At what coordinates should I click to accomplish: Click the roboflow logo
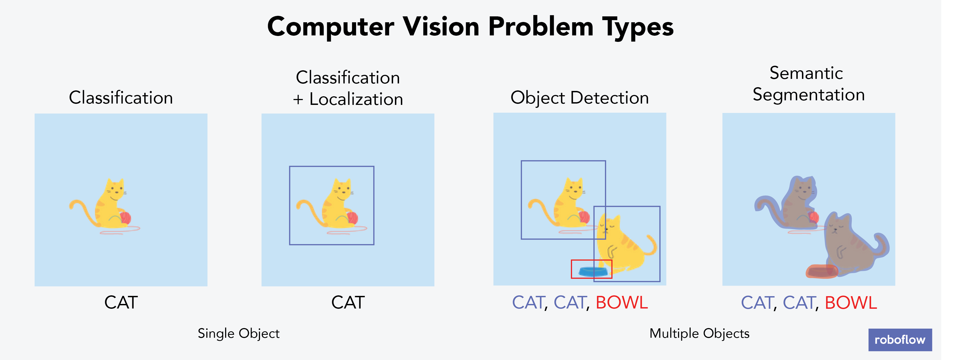(x=900, y=339)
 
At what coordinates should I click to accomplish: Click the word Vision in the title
(x=441, y=27)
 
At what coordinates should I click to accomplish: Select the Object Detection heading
(x=579, y=98)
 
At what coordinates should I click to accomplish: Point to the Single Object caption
(x=238, y=333)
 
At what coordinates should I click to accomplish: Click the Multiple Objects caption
(x=699, y=333)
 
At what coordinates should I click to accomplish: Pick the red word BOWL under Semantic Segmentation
(x=851, y=303)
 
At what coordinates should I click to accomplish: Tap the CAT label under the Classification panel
(x=121, y=303)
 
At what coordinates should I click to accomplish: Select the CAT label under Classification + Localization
(x=348, y=303)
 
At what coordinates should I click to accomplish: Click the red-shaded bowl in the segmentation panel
(x=822, y=271)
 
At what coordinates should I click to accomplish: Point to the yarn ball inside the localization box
(x=352, y=218)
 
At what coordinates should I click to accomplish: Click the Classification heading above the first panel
(x=121, y=98)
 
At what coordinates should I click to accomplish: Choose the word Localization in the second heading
(x=356, y=99)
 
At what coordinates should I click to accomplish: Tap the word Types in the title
(x=637, y=27)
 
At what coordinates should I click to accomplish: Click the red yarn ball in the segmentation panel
(x=814, y=217)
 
